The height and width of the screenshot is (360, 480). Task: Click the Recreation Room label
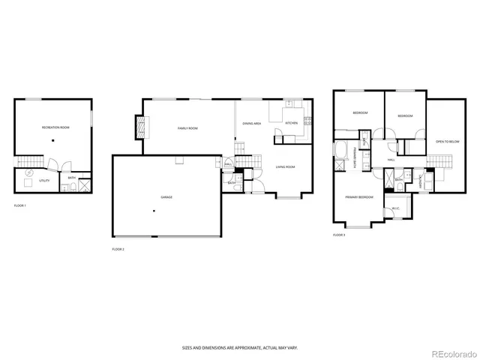(x=55, y=128)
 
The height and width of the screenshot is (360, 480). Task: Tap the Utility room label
(x=46, y=180)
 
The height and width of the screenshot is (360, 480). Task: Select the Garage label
(x=166, y=197)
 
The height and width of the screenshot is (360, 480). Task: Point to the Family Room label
(x=187, y=128)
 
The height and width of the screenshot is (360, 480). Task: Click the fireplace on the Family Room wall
(x=139, y=127)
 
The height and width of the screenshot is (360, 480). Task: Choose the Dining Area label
(x=251, y=123)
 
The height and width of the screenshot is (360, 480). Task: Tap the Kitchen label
(x=291, y=123)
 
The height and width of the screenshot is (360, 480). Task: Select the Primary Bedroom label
(x=359, y=196)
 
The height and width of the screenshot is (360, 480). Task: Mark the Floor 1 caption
(x=20, y=205)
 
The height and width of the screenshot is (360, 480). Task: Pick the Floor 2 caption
(x=118, y=249)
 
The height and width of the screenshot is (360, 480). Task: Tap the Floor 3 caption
(x=339, y=235)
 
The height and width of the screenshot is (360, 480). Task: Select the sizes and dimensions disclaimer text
(x=239, y=347)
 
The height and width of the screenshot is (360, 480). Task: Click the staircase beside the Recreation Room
(x=28, y=161)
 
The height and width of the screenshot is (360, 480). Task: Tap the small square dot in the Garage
(x=154, y=211)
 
